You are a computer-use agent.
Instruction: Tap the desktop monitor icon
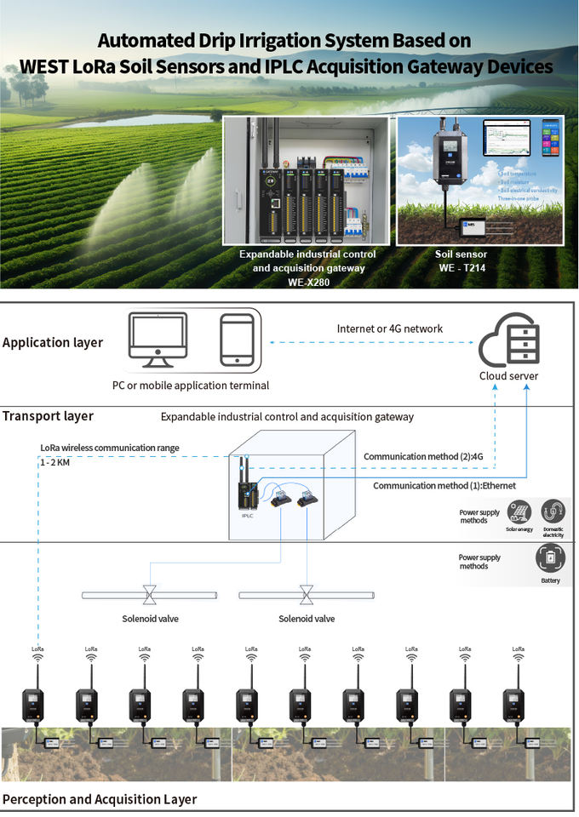(158, 340)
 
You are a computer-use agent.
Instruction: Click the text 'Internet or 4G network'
(390, 329)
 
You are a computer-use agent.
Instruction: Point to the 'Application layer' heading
(53, 343)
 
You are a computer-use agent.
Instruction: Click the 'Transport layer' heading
(48, 416)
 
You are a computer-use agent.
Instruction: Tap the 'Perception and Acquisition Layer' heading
(100, 799)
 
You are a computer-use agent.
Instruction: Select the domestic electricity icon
(553, 511)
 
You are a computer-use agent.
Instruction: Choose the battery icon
(550, 559)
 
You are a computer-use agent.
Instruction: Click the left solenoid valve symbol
(150, 592)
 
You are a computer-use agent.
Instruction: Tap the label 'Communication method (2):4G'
(423, 457)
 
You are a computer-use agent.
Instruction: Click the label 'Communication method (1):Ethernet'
(444, 485)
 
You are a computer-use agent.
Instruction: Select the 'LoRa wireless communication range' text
(110, 448)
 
